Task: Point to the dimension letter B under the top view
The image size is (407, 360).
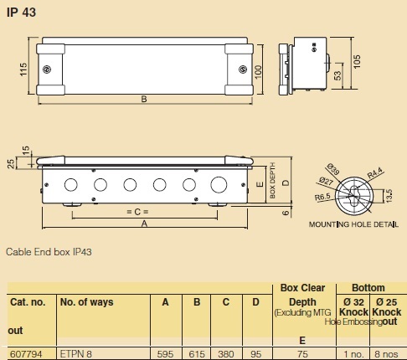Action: click(x=144, y=100)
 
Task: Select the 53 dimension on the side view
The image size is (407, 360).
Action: click(x=337, y=76)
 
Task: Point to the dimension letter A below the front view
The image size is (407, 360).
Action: click(x=144, y=224)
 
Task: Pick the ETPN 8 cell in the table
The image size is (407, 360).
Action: click(x=76, y=353)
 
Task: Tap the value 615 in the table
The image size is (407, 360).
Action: click(x=197, y=353)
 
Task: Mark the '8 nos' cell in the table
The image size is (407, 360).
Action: click(x=387, y=353)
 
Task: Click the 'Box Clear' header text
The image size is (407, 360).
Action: click(x=301, y=287)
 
